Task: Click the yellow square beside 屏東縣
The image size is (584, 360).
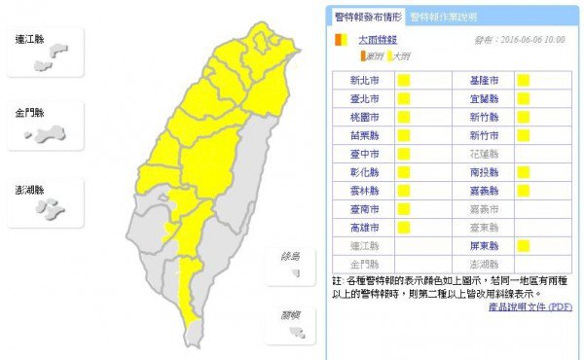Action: (x=524, y=245)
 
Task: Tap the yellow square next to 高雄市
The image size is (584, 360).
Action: (x=402, y=227)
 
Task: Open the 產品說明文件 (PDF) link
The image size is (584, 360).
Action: (x=530, y=307)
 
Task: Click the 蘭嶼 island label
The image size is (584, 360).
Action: (x=290, y=313)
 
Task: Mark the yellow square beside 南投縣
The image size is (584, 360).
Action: (x=524, y=172)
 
